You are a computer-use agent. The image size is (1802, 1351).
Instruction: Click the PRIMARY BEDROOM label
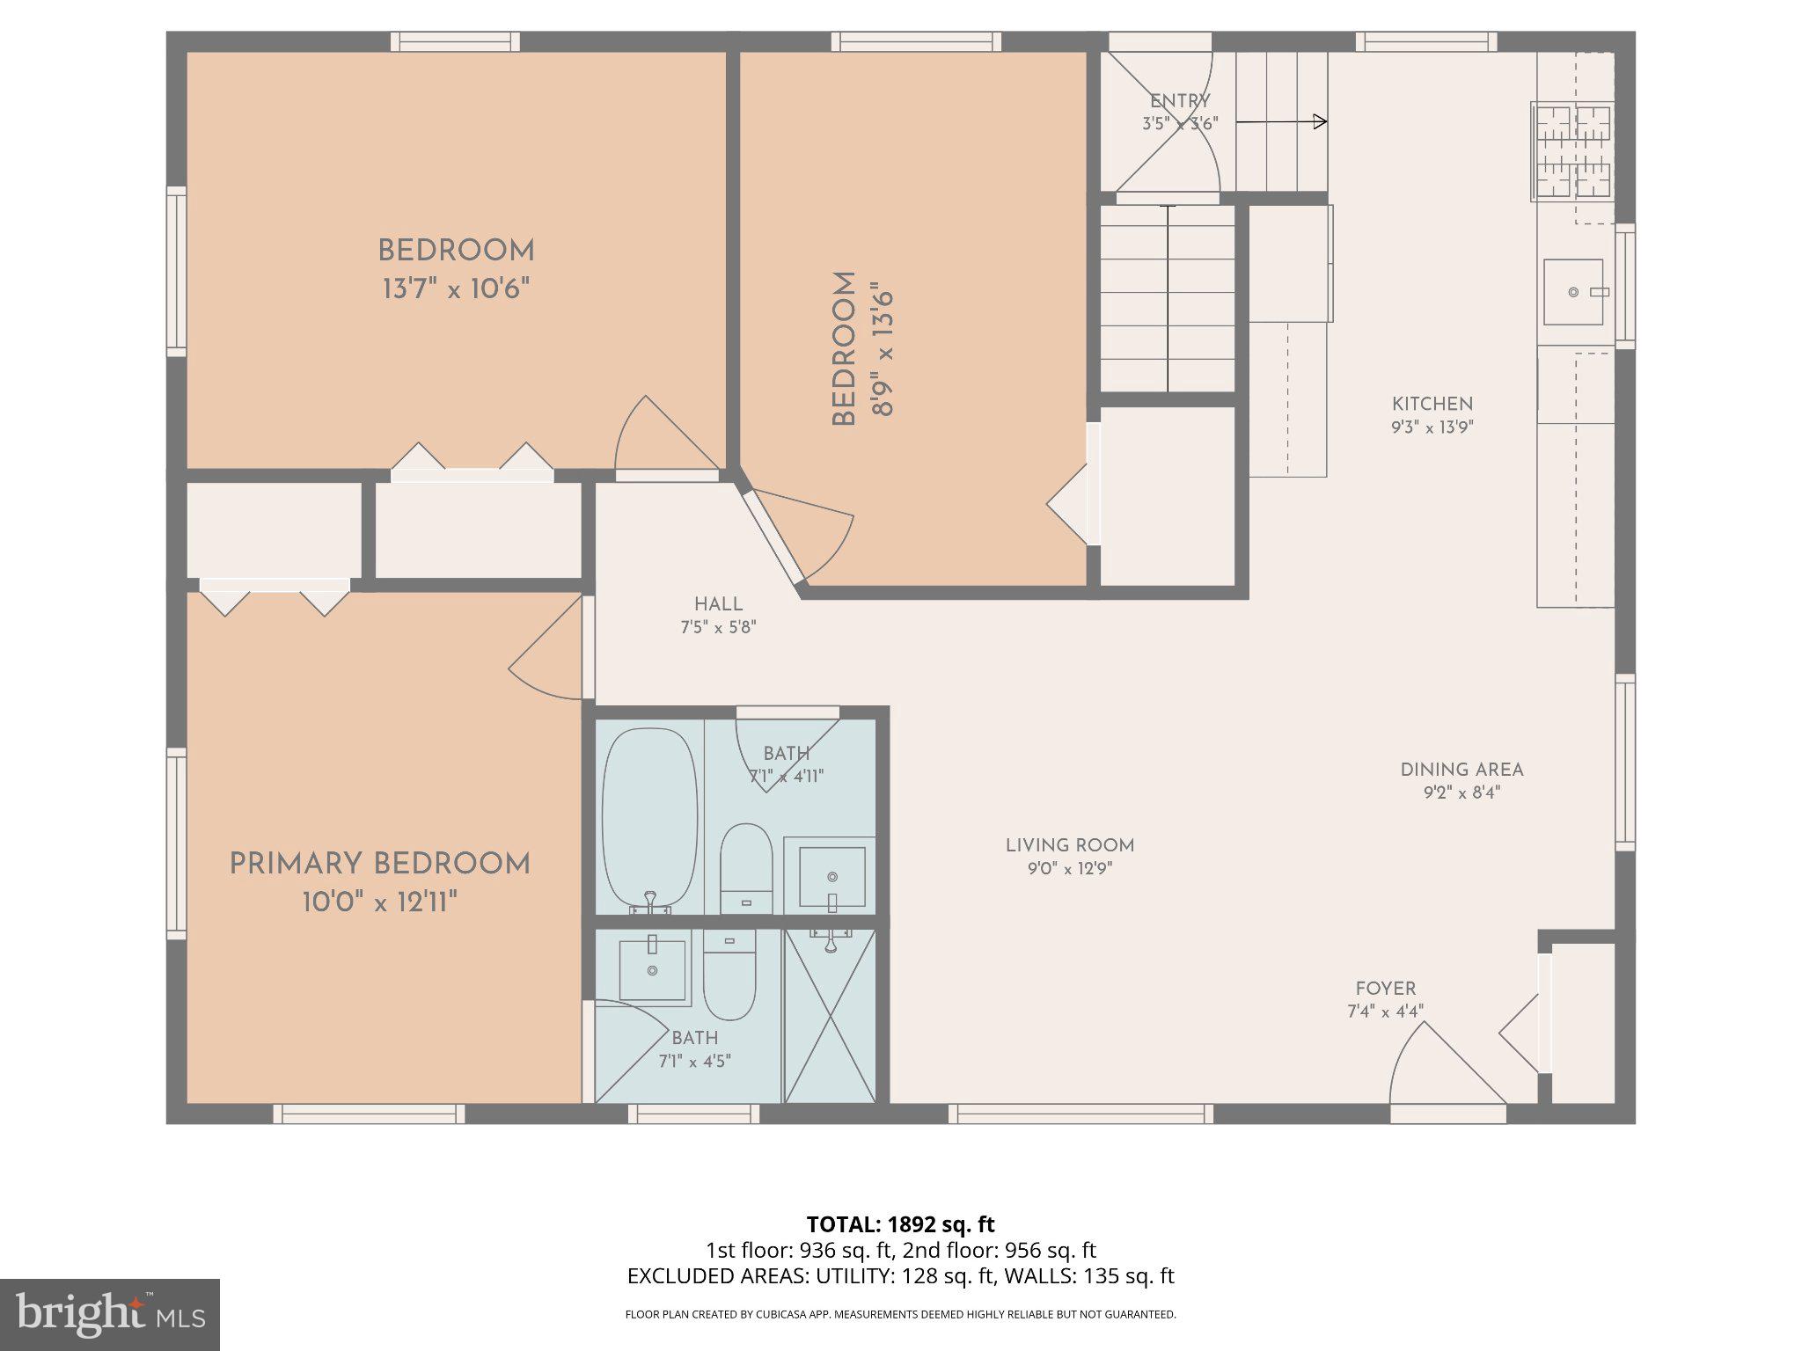tap(379, 864)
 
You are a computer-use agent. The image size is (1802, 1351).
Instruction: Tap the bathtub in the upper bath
tap(649, 818)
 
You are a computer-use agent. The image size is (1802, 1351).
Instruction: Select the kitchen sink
tap(1573, 292)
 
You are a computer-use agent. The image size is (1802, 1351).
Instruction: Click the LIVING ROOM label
tap(1070, 845)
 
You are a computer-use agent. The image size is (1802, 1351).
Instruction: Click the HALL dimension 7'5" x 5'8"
tap(718, 627)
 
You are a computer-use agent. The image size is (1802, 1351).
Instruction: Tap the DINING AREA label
tap(1461, 770)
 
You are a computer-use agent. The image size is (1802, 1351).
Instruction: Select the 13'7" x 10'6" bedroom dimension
tap(456, 288)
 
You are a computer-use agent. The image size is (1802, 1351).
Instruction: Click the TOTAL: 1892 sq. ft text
tap(900, 1224)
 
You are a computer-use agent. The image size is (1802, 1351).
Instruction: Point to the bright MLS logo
tap(109, 1314)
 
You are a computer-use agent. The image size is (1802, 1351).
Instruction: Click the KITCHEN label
tap(1432, 404)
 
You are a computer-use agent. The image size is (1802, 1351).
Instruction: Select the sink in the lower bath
tap(652, 970)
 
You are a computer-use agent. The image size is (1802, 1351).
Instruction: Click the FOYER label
tap(1385, 989)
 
